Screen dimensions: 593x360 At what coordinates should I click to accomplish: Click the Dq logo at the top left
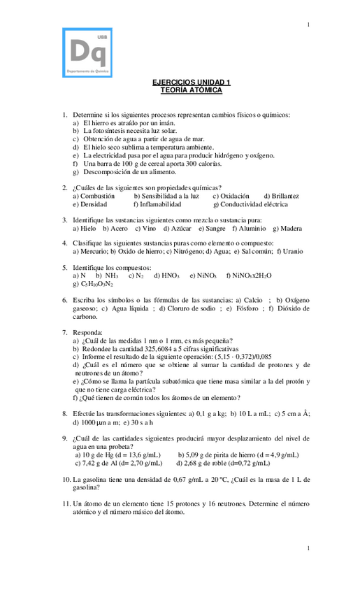(x=87, y=52)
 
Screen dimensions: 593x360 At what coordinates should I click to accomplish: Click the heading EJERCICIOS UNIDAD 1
(x=191, y=83)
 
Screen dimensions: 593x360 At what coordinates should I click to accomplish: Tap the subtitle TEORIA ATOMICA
(x=191, y=90)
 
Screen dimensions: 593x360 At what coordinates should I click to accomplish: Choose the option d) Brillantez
(x=281, y=197)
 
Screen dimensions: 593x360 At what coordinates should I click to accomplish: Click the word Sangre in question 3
(x=215, y=228)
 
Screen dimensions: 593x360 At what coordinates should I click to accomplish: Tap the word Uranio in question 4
(x=293, y=251)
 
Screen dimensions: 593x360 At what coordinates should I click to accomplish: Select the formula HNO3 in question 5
(x=169, y=276)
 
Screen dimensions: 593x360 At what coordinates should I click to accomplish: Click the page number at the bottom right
(x=308, y=548)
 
